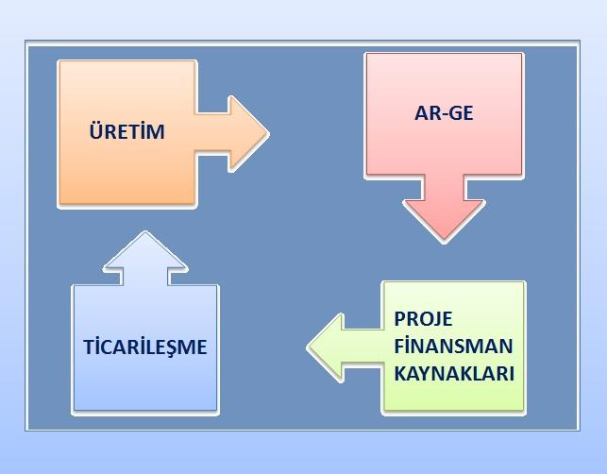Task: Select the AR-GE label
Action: (444, 113)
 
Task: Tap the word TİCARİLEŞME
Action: (145, 347)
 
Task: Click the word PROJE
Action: (423, 320)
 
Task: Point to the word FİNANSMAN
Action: (453, 346)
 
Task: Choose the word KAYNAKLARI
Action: (454, 374)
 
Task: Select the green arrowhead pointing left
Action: (326, 347)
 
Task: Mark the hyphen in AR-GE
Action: (444, 114)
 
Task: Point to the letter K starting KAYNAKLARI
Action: (400, 374)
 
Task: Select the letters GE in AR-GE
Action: (461, 113)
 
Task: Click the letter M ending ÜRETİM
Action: (156, 131)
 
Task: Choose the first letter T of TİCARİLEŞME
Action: (89, 347)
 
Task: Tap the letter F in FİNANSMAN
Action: (399, 347)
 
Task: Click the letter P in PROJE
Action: (400, 319)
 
